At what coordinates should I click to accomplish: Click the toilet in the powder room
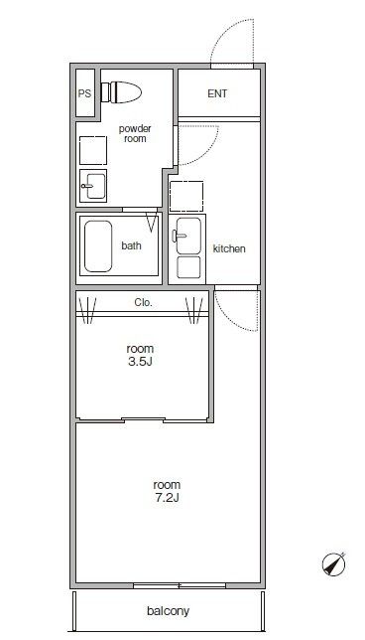click(x=121, y=92)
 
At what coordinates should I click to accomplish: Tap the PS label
click(x=84, y=93)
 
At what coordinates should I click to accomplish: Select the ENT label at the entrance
click(x=217, y=93)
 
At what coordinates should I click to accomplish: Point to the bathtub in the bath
click(x=98, y=246)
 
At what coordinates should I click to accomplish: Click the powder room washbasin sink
click(x=93, y=186)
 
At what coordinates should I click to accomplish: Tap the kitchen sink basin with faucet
click(x=187, y=236)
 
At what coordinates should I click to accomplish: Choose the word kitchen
click(x=229, y=248)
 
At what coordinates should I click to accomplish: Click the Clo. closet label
click(x=144, y=303)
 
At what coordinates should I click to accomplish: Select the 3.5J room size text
click(x=140, y=361)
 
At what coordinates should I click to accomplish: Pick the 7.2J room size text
click(x=167, y=498)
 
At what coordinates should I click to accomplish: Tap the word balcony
click(x=169, y=611)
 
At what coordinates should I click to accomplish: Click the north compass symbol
click(x=334, y=564)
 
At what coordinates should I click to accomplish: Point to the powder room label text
click(x=135, y=133)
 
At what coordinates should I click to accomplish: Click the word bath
click(x=132, y=245)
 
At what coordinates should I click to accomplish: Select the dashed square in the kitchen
click(x=186, y=197)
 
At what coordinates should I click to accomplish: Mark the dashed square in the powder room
click(x=93, y=151)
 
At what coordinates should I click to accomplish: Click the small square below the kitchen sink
click(x=188, y=267)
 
